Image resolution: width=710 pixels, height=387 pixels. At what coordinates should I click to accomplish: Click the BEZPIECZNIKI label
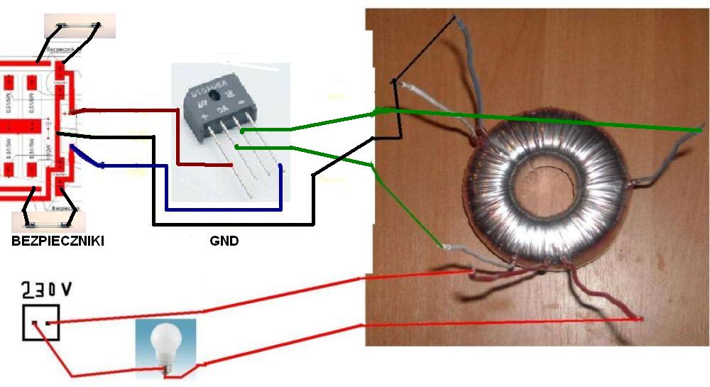pyautogui.click(x=58, y=241)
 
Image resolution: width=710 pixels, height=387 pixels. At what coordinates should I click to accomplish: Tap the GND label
pyautogui.click(x=224, y=241)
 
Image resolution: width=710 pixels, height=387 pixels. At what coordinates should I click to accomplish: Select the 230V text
pyautogui.click(x=47, y=290)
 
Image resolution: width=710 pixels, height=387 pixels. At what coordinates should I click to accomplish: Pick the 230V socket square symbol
pyautogui.click(x=40, y=323)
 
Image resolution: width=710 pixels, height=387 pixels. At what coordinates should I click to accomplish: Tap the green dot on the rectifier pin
pyautogui.click(x=242, y=131)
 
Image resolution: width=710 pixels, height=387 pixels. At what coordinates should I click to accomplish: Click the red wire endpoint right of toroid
pyautogui.click(x=640, y=319)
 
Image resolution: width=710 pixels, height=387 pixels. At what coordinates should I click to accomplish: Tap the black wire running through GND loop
pyautogui.click(x=234, y=224)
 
